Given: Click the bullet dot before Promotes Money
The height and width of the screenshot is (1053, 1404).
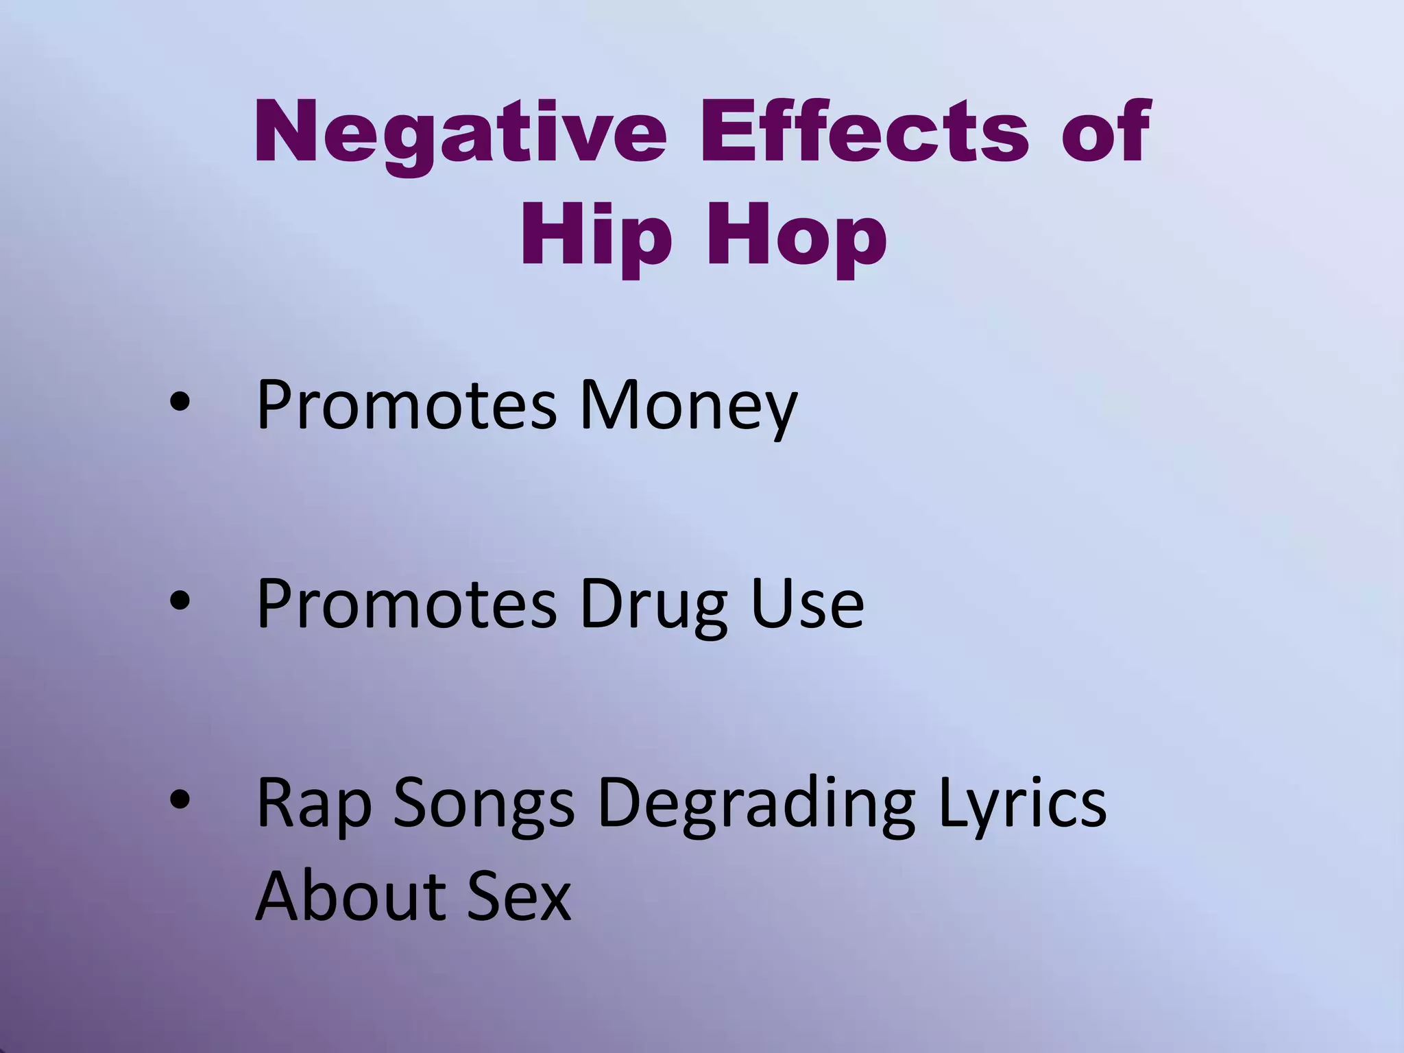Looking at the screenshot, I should pos(179,404).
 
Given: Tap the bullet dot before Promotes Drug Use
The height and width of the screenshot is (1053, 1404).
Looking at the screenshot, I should pos(179,602).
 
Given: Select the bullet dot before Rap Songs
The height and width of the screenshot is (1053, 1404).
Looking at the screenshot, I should pos(179,799).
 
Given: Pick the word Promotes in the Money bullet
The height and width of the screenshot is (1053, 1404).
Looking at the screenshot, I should pos(407,406).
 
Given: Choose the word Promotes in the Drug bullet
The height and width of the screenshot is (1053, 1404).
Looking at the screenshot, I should pos(407,603).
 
